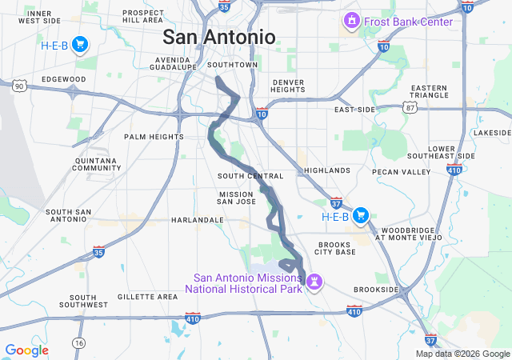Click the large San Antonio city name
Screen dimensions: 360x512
(x=218, y=37)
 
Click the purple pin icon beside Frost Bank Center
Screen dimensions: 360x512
(x=350, y=19)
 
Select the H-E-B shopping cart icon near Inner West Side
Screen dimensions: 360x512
(x=79, y=44)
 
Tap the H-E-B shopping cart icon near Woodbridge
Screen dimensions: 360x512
(x=360, y=215)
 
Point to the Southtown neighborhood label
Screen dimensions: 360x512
(x=232, y=65)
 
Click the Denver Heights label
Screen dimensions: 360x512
(x=288, y=86)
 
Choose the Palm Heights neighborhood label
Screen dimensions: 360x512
(x=154, y=137)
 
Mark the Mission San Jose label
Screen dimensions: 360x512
(x=237, y=198)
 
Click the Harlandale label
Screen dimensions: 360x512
(x=197, y=219)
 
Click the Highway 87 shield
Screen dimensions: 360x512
(x=410, y=106)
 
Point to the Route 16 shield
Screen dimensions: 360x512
(x=78, y=342)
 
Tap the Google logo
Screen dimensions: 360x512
(x=26, y=350)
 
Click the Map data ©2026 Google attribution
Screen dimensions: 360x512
(x=462, y=354)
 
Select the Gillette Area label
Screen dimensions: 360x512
(x=147, y=297)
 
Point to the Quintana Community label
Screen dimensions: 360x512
(x=97, y=164)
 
